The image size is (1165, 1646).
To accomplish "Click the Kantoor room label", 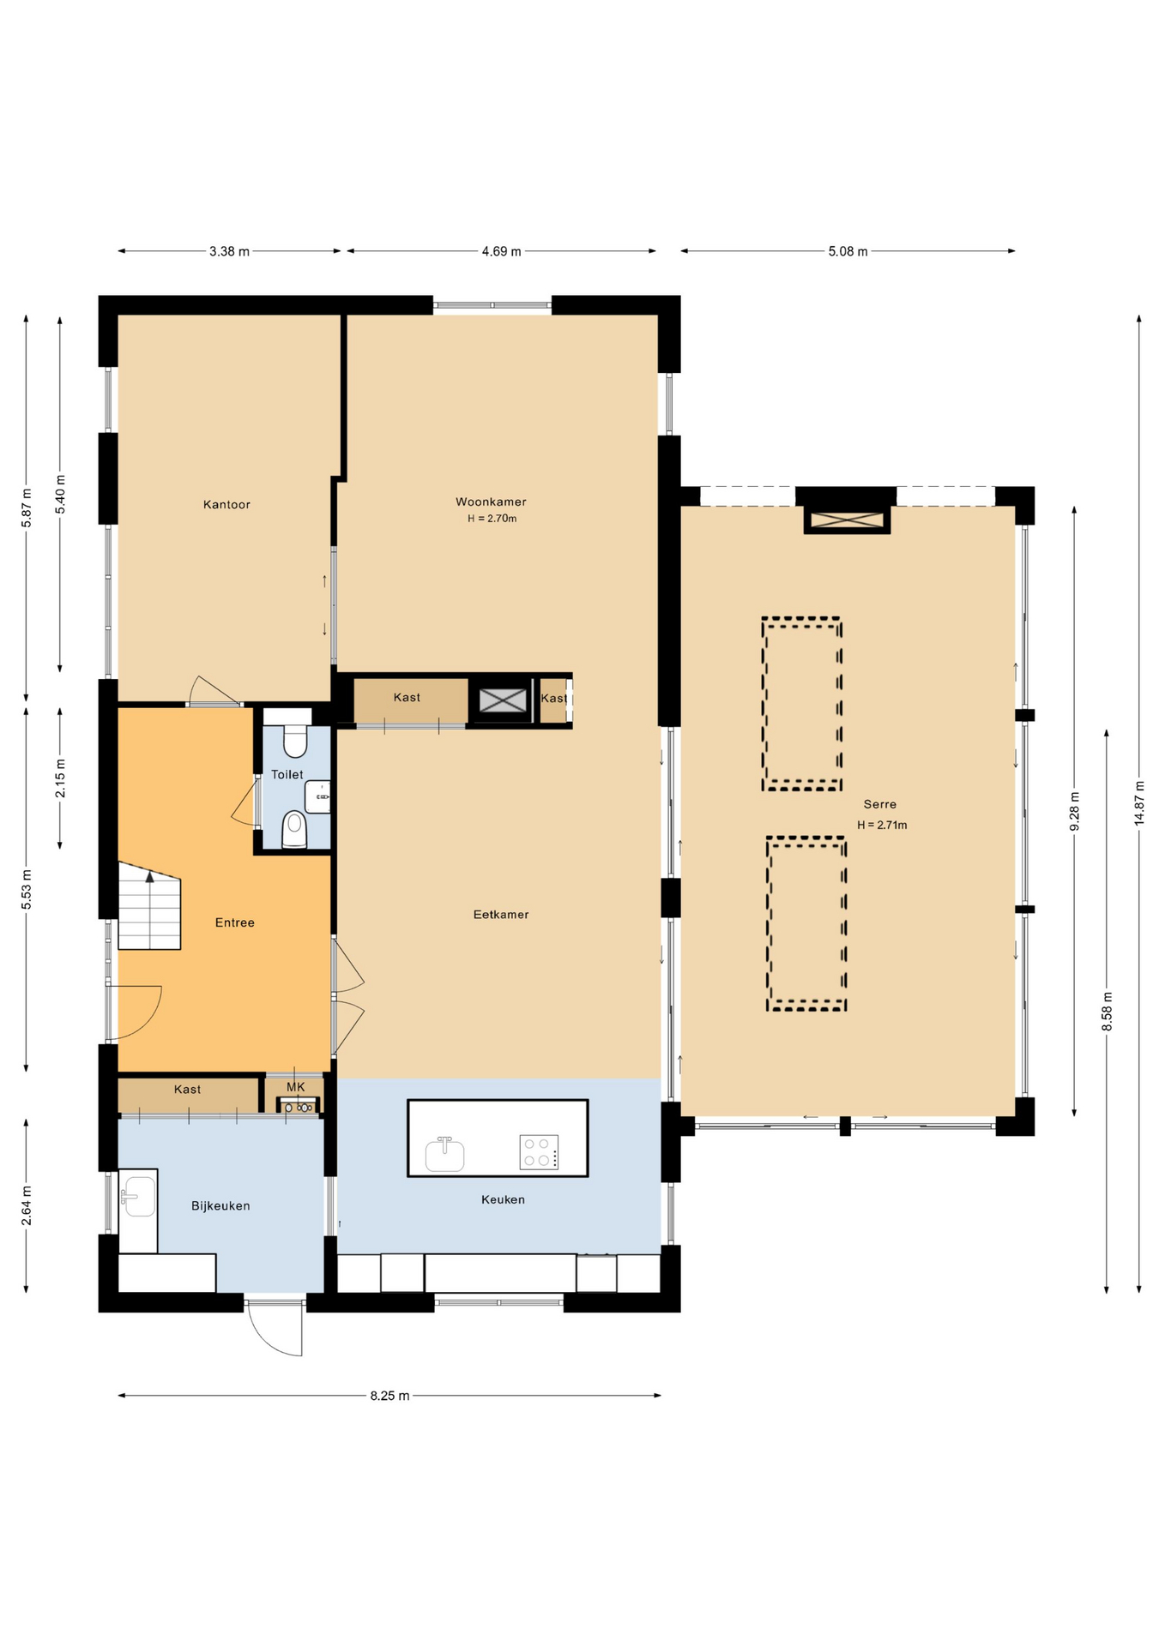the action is tap(226, 504).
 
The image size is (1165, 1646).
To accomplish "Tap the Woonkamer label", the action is tap(491, 502).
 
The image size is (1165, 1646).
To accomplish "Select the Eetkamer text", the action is tap(501, 915).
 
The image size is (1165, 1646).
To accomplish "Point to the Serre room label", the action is tap(880, 804).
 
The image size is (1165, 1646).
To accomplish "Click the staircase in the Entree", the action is tap(149, 906).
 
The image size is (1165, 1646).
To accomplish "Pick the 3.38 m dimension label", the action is tap(229, 251).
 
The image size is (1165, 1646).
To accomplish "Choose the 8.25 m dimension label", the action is tap(389, 1396).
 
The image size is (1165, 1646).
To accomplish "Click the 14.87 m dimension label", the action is tap(1139, 803).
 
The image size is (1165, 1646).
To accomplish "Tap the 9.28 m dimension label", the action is tap(1074, 811).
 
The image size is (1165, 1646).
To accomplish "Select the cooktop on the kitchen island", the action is tap(539, 1152).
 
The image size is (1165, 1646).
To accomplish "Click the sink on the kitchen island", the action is tap(444, 1154).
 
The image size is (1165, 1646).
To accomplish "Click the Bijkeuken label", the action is tap(220, 1205).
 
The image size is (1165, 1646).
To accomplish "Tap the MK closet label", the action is tap(295, 1087).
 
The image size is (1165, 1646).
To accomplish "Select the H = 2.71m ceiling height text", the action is tap(882, 825).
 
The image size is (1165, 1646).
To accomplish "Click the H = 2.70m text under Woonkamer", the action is tap(492, 519).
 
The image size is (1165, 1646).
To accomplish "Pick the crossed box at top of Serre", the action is tap(847, 520).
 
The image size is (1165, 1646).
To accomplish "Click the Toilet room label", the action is tap(287, 774).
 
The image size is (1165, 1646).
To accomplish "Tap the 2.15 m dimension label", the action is tap(60, 778).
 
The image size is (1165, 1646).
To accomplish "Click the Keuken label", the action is tap(503, 1199).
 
